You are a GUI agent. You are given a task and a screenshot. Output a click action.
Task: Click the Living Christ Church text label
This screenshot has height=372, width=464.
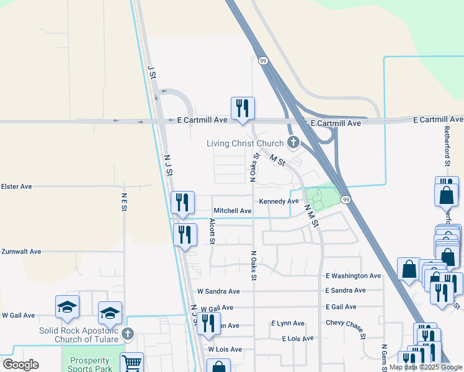(244, 143)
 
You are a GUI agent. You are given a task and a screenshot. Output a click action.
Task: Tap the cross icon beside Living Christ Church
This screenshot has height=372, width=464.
(292, 143)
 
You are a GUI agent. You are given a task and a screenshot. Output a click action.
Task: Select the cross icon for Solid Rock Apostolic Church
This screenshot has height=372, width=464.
(128, 334)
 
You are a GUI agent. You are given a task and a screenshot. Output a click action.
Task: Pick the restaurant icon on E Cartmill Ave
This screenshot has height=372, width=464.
(243, 108)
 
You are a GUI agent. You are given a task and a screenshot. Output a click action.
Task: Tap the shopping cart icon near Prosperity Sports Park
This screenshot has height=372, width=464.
(132, 363)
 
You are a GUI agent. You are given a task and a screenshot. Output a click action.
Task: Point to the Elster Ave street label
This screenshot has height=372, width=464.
(16, 186)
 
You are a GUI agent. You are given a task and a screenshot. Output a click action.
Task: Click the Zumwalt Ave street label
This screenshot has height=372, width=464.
(21, 252)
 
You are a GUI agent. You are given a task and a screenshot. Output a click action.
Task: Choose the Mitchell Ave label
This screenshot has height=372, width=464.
(233, 211)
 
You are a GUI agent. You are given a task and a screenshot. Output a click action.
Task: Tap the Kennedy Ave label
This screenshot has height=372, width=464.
(279, 201)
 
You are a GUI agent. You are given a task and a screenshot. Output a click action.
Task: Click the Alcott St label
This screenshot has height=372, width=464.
(212, 231)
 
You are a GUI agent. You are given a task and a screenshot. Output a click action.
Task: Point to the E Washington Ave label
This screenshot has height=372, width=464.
(353, 275)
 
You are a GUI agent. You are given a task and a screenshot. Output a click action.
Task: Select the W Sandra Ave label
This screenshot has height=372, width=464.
(218, 291)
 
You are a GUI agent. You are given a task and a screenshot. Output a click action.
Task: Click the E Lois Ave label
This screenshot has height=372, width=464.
(297, 339)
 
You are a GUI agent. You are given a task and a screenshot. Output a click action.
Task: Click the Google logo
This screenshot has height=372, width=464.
(20, 365)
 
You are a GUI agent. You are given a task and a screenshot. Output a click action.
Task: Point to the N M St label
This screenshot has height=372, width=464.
(311, 217)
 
